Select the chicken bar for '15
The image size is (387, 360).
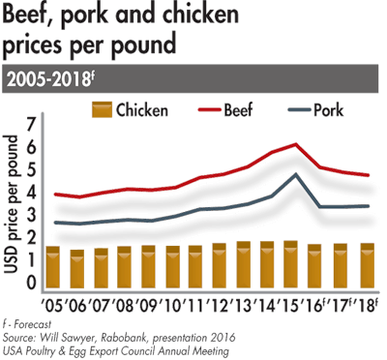288,264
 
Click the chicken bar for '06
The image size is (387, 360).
79,268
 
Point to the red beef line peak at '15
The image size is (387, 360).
295,144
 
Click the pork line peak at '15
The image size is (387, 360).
295,175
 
